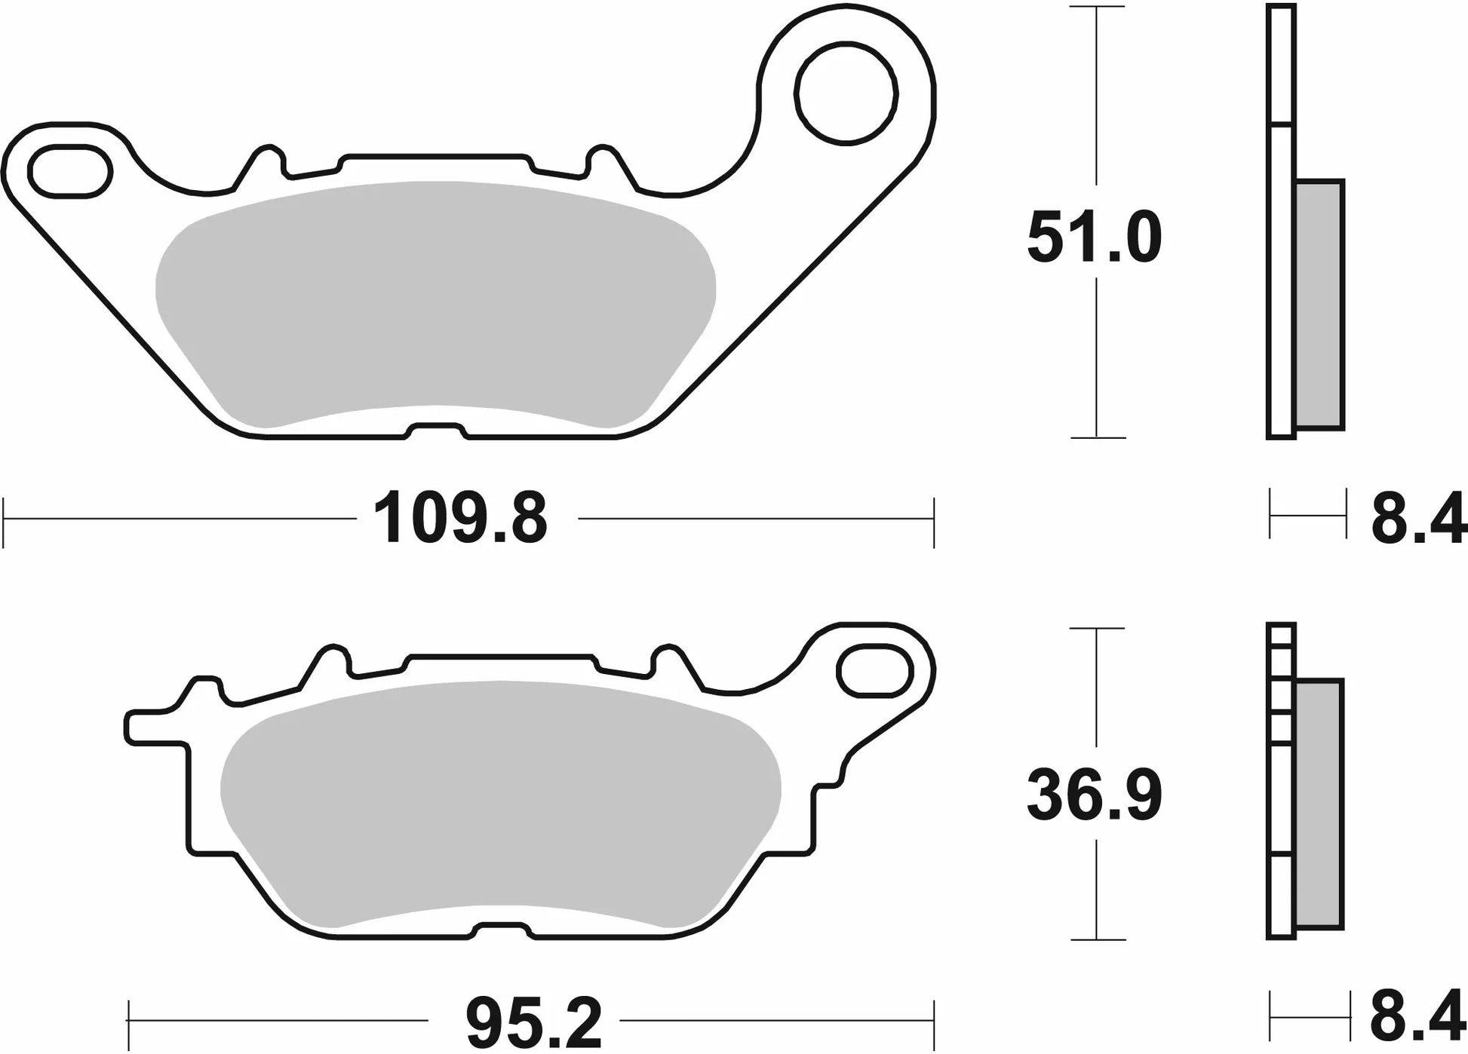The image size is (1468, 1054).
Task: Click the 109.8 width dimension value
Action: (460, 518)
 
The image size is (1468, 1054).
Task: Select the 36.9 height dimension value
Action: (1095, 794)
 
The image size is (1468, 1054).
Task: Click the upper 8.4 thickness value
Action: (1418, 518)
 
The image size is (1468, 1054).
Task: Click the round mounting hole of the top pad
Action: (846, 93)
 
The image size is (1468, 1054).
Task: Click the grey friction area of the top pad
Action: (435, 305)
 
